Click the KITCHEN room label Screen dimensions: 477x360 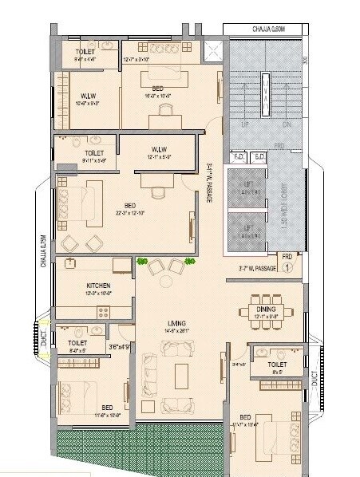(x=98, y=286)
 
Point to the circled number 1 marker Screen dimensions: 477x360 (x=287, y=268)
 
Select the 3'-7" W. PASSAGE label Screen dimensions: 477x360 (x=257, y=269)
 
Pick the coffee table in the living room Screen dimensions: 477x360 (x=182, y=373)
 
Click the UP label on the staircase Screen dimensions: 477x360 (x=246, y=125)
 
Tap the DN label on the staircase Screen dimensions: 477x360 (x=287, y=125)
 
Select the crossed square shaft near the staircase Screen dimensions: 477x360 (x=214, y=53)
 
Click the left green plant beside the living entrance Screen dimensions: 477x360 (x=142, y=262)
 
